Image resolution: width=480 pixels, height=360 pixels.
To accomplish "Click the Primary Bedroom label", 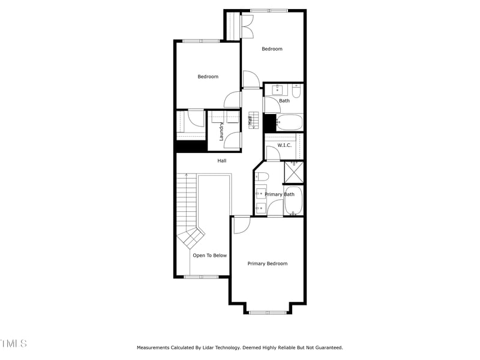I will click(268, 263).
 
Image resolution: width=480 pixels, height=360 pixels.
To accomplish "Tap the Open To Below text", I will click(210, 256).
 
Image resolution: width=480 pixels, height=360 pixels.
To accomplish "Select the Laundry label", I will click(221, 132).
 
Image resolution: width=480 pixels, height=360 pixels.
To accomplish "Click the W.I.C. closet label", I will click(284, 145).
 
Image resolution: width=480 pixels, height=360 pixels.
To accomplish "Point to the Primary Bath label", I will click(280, 194).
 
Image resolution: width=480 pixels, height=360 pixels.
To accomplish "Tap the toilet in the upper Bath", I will click(296, 92).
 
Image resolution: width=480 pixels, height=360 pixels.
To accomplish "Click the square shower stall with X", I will click(294, 172).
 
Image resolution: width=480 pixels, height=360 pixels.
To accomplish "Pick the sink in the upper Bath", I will click(278, 90).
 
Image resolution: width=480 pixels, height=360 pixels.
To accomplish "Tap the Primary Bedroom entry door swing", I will click(241, 224).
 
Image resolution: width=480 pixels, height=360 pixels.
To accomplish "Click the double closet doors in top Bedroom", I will click(247, 26).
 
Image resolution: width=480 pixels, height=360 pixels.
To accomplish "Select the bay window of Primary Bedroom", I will click(268, 312).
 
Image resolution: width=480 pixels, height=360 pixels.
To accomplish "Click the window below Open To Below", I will click(201, 277).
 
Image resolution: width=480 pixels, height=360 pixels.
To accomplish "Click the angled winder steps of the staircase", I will click(191, 239).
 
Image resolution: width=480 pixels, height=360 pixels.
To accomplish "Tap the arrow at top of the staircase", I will click(187, 175).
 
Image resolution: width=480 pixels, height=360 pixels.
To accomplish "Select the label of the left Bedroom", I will click(208, 77).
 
